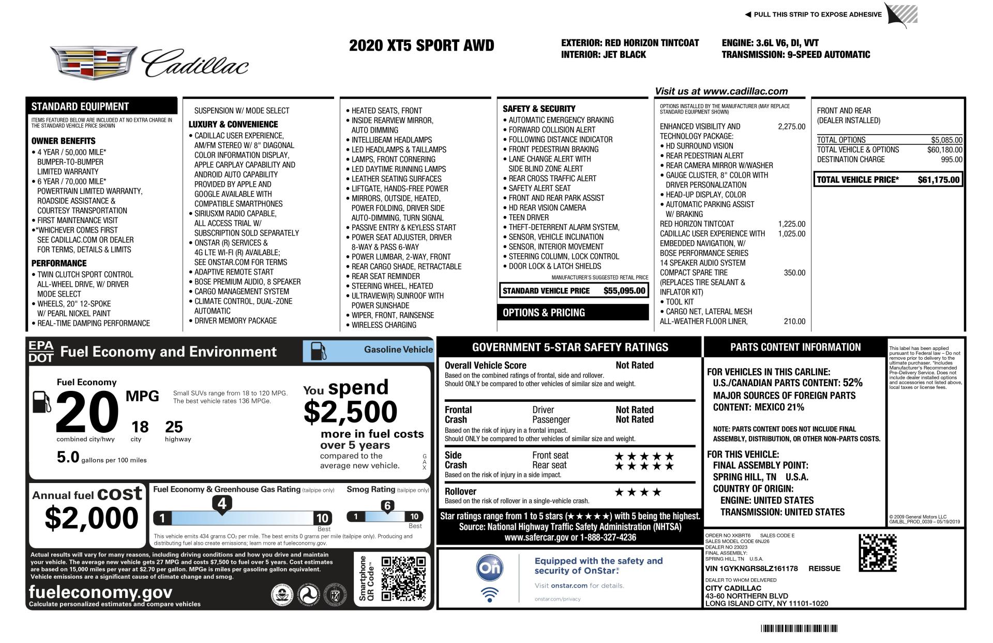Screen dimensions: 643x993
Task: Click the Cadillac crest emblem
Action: [94, 63]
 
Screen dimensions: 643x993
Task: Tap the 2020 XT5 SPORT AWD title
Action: [422, 46]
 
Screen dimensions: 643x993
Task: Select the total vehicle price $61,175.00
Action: [938, 180]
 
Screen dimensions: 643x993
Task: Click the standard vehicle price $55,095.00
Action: [624, 290]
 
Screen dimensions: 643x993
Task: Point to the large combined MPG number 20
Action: [86, 412]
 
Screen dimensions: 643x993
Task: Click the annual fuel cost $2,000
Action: [92, 518]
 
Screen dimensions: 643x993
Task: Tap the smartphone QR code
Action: [403, 579]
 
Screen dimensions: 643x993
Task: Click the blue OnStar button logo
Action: [489, 567]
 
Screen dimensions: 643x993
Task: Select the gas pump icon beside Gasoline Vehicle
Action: [318, 351]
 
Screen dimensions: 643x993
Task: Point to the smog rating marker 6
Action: [387, 506]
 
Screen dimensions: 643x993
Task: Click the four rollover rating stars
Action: [638, 492]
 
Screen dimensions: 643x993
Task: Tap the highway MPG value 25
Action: [174, 427]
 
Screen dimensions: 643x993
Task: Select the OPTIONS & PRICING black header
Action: [573, 313]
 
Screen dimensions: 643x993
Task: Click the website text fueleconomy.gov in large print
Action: [101, 592]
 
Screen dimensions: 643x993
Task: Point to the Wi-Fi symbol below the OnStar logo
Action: [489, 595]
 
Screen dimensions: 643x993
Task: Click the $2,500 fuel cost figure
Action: [350, 412]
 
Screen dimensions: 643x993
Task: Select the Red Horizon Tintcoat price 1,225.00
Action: [791, 224]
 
